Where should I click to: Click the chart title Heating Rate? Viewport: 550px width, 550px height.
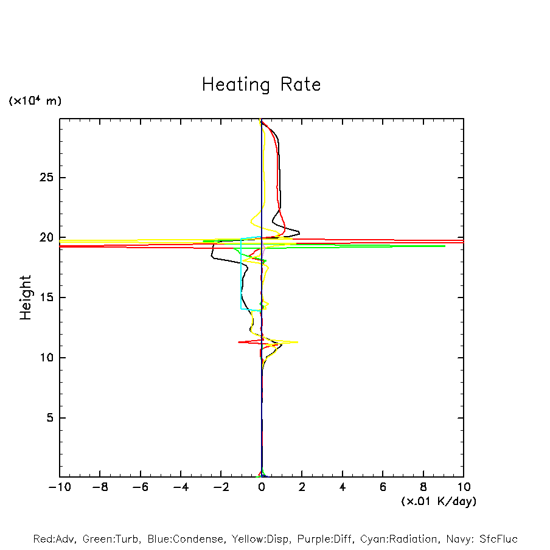coord(261,85)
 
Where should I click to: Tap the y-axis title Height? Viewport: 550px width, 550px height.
coord(26,298)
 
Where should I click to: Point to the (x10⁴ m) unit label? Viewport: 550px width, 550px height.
coord(35,101)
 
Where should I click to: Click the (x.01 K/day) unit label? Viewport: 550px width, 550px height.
coord(438,501)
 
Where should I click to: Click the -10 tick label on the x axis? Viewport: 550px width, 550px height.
coord(60,487)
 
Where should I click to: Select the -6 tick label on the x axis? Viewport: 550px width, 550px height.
coord(140,487)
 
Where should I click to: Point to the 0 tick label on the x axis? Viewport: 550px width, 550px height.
coord(262,487)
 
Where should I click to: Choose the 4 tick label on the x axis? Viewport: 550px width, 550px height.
coord(343,487)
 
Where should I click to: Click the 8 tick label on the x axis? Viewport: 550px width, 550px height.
coord(423,487)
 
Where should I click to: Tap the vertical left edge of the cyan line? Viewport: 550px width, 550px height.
coord(242,274)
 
